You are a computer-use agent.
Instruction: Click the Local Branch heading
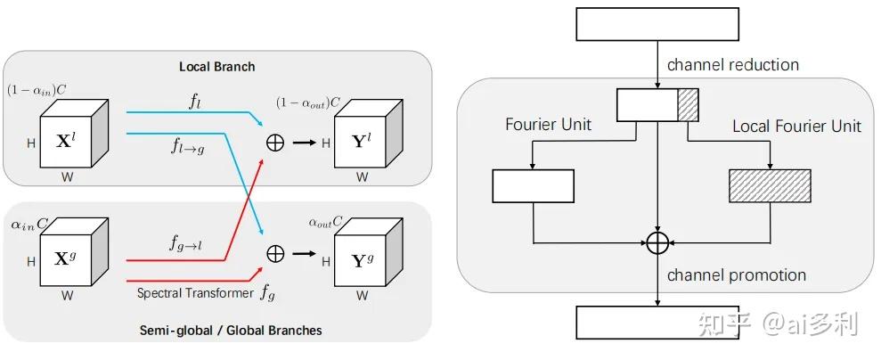(216, 66)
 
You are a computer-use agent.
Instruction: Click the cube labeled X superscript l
(75, 138)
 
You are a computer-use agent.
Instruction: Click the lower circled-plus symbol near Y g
(276, 254)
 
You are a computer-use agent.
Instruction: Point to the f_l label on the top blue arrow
(194, 101)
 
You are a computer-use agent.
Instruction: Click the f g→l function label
(188, 242)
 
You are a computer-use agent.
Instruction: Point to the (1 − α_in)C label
(37, 90)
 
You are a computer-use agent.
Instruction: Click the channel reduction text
(732, 65)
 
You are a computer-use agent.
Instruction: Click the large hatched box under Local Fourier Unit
(770, 185)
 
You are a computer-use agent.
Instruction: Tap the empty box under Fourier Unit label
(533, 185)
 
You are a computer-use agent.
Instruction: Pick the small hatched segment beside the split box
(688, 104)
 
